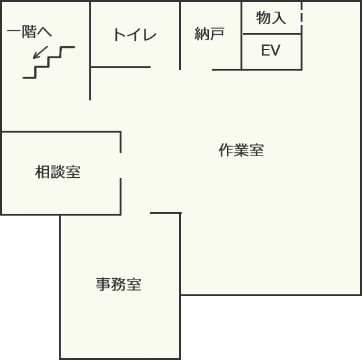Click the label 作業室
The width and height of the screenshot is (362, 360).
241,150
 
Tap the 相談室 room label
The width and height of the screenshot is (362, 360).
58,172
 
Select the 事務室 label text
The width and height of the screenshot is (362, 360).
118,284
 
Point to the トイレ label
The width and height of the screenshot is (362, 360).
135,35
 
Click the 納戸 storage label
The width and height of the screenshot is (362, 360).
210,33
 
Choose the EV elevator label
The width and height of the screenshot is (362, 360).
271,50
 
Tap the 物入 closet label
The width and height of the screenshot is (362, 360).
271,17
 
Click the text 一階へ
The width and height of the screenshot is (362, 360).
29,32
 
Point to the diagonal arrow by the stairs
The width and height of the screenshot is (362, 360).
40,52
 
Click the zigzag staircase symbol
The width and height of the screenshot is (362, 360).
49,63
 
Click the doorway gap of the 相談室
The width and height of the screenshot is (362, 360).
120,165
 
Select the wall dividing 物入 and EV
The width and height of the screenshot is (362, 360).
271,34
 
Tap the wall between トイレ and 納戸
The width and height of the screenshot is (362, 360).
180,35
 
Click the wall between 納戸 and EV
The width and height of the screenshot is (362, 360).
242,35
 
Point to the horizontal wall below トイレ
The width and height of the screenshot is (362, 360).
121,67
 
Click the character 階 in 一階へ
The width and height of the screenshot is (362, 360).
29,32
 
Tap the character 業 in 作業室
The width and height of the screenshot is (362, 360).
241,150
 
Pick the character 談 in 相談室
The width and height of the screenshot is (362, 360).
58,172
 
